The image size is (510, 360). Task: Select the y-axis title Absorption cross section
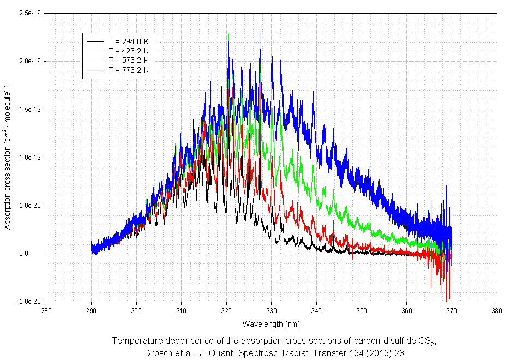coord(8,158)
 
